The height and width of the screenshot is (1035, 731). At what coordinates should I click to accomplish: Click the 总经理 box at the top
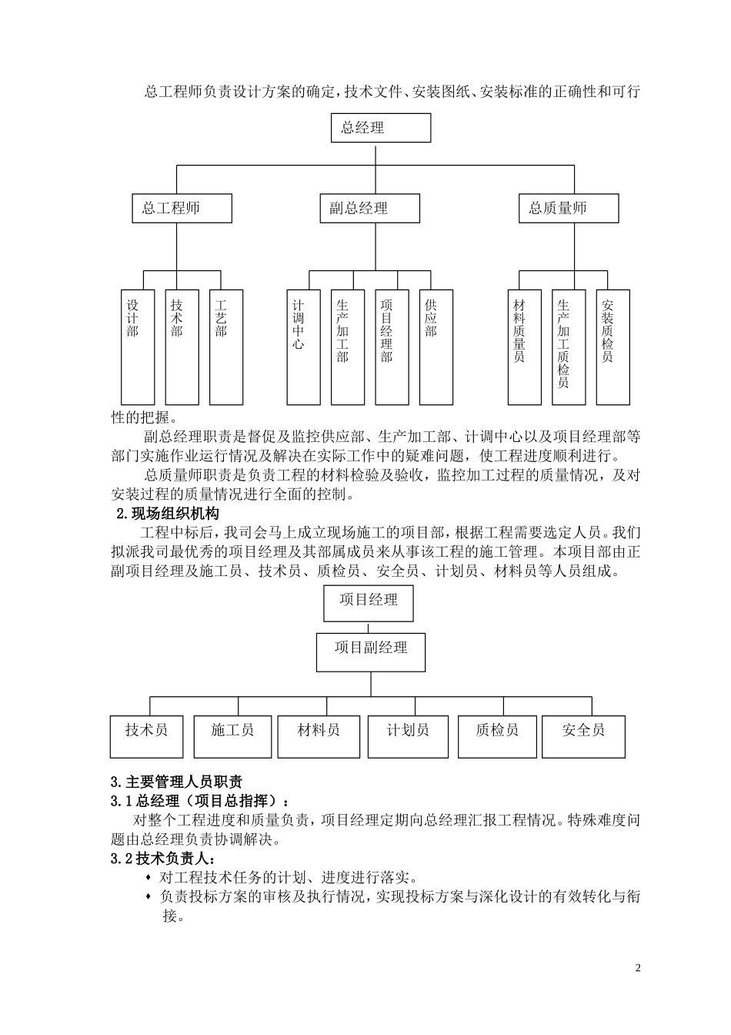point(380,128)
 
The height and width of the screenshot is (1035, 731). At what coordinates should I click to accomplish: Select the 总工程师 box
point(177,208)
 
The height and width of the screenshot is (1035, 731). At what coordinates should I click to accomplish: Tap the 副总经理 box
point(369,208)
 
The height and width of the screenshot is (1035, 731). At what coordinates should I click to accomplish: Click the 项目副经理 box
point(371,651)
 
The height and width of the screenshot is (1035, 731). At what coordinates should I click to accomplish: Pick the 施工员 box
point(232,736)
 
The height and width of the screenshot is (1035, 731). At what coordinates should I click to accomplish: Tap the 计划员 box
point(408,736)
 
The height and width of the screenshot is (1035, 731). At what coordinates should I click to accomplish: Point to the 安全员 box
point(583,736)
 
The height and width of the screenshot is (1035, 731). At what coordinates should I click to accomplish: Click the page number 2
point(637,968)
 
